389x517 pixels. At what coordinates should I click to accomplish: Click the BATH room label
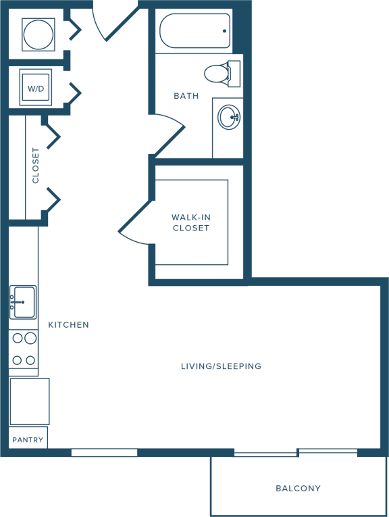pyautogui.click(x=186, y=96)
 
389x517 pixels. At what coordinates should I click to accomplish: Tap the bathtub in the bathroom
pyautogui.click(x=195, y=30)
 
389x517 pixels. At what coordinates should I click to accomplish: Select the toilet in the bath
pyautogui.click(x=222, y=74)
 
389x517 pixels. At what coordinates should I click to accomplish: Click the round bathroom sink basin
pyautogui.click(x=229, y=117)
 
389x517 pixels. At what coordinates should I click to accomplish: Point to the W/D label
pyautogui.click(x=36, y=89)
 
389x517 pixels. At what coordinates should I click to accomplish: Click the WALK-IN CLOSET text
pyautogui.click(x=191, y=222)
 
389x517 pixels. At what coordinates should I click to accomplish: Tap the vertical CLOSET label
pyautogui.click(x=35, y=165)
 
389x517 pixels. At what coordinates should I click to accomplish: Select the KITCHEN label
pyautogui.click(x=68, y=325)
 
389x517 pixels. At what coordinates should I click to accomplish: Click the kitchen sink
pyautogui.click(x=23, y=302)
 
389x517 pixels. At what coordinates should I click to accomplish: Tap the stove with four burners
pyautogui.click(x=24, y=349)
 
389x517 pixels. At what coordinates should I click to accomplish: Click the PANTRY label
pyautogui.click(x=28, y=440)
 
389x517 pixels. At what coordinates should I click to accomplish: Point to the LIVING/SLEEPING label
pyautogui.click(x=221, y=366)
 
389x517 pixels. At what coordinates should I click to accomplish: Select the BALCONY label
pyautogui.click(x=298, y=489)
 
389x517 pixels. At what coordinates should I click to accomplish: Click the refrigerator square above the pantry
pyautogui.click(x=30, y=401)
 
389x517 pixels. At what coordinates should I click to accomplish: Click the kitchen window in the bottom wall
pyautogui.click(x=104, y=452)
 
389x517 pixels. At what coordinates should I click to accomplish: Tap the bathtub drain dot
pyautogui.click(x=225, y=31)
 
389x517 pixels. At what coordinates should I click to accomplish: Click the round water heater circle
pyautogui.click(x=38, y=34)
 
